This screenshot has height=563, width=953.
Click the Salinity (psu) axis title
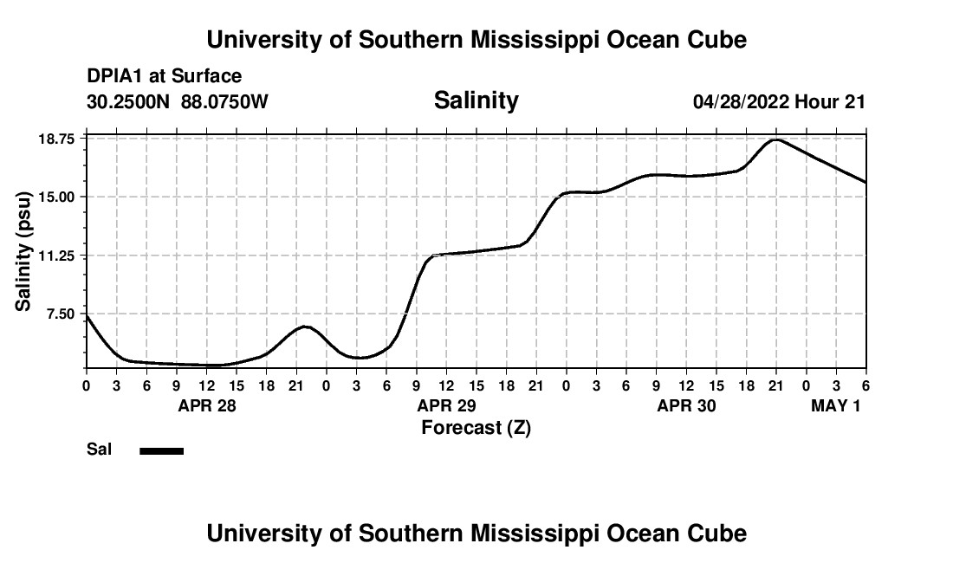[23, 250]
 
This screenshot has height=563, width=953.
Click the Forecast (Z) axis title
[476, 428]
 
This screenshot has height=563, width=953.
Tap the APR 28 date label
[206, 405]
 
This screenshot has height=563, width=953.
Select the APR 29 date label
[446, 405]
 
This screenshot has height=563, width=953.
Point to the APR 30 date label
[686, 405]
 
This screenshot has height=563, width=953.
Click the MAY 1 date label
[835, 405]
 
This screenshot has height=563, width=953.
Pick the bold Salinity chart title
[476, 100]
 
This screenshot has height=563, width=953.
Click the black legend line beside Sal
[162, 450]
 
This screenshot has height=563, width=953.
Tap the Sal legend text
[99, 450]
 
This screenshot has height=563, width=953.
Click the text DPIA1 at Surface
[164, 77]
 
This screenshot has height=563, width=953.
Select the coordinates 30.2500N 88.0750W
[178, 102]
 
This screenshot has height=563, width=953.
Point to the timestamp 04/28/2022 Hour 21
[779, 102]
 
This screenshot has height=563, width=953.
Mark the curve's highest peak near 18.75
[776, 139]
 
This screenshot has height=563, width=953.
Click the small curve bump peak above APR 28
[305, 326]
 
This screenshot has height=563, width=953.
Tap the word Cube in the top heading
[716, 40]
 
